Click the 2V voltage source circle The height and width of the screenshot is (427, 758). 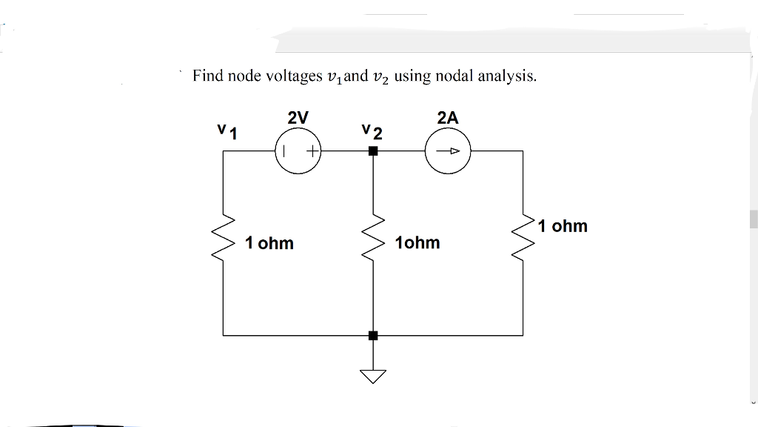298,151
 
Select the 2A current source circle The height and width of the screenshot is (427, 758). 448,151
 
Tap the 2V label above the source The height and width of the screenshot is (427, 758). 298,117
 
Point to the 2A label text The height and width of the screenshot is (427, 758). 448,117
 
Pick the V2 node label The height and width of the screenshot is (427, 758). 372,133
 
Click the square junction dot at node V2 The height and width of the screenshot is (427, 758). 373,151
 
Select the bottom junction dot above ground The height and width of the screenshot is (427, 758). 373,335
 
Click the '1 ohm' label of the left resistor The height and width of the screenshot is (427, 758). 269,243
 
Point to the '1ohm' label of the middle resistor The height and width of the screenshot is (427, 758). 417,243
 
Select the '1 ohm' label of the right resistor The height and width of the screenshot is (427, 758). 563,226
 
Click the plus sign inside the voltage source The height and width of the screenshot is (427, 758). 312,151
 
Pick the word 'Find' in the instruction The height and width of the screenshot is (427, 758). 208,76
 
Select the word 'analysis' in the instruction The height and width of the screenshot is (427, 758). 508,76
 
